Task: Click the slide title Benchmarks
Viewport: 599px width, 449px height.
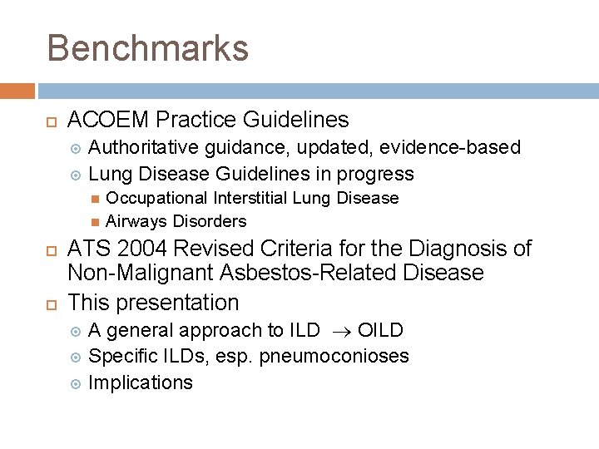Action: click(147, 48)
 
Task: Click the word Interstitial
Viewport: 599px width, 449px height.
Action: click(253, 198)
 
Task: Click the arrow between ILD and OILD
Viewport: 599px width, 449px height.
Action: click(338, 331)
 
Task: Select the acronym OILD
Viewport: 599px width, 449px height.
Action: click(380, 330)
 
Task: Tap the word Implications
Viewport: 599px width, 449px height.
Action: click(140, 382)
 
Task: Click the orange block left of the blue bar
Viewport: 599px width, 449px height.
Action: click(17, 91)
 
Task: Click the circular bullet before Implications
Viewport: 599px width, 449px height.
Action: click(76, 383)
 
